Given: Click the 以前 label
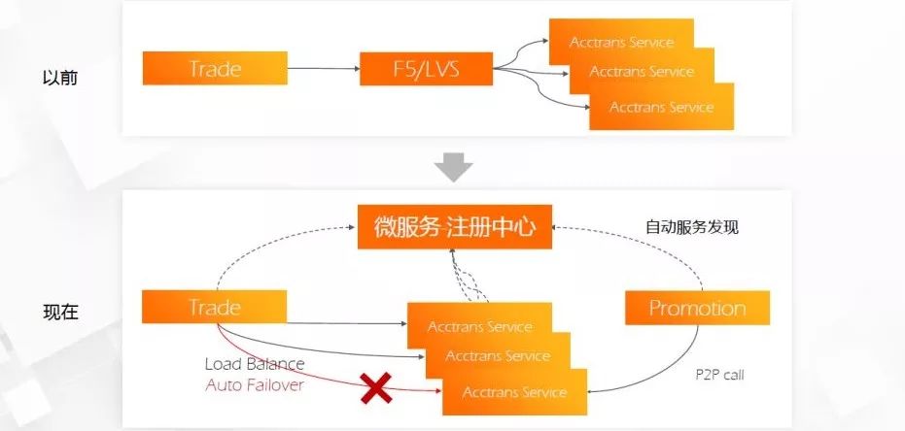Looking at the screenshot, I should pos(60,77).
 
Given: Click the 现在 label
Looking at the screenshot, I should pos(60,313).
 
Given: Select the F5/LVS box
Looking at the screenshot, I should pos(426,69).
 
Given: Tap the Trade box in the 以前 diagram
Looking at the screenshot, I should pos(215,69).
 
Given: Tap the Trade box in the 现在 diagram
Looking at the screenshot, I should pos(215,309).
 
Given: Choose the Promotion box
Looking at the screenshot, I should pos(697,309).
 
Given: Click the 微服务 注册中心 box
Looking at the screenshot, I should pos(455,228).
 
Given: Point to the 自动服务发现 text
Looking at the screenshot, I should pos(692,228).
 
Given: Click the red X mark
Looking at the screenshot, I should pos(376,389).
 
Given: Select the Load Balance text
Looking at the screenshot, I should pos(255,364).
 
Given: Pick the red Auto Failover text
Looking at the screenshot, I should pos(255,384).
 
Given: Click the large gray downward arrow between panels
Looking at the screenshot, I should pos(453,167).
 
